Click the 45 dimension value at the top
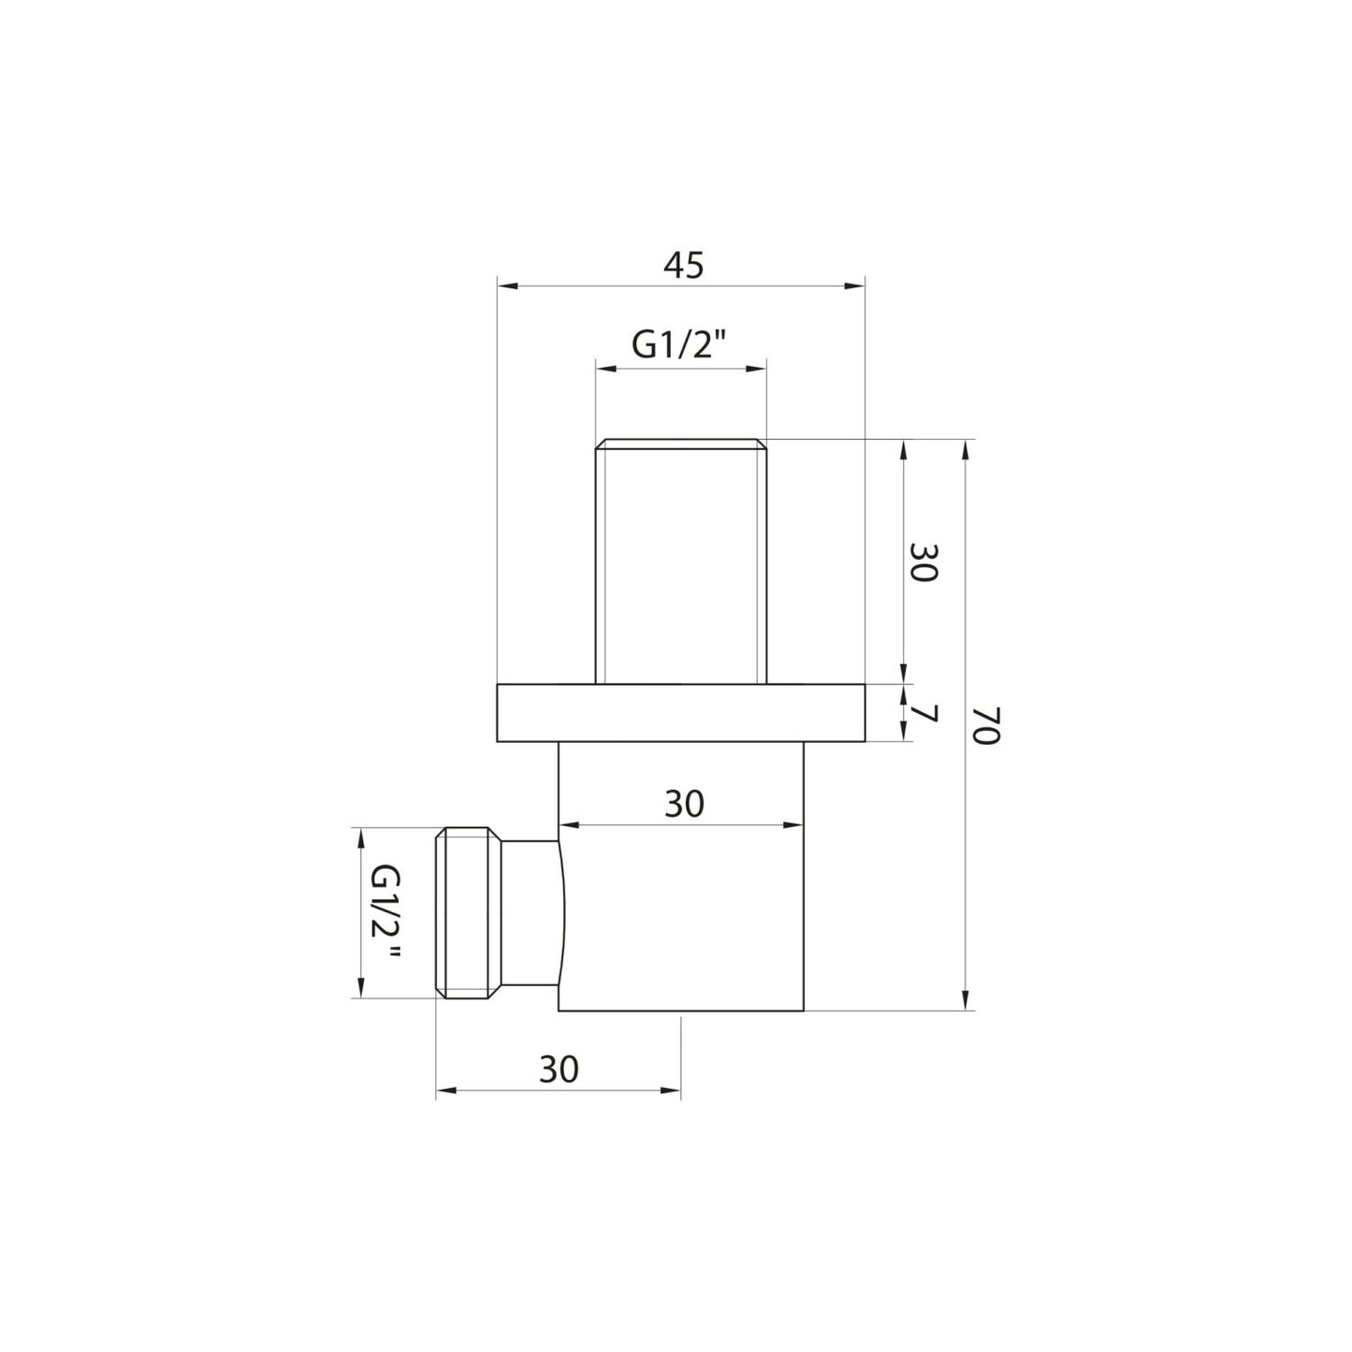click(682, 266)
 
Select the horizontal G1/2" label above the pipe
click(679, 346)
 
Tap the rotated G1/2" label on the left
click(385, 913)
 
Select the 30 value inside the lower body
click(683, 804)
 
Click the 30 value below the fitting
click(559, 1069)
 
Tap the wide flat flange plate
click(681, 713)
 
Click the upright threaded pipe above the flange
click(681, 561)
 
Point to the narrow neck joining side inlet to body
click(531, 913)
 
